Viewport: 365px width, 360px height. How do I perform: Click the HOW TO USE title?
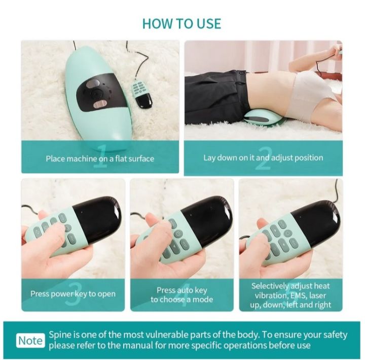pos(181,23)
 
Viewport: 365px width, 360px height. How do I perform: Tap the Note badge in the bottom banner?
pos(31,340)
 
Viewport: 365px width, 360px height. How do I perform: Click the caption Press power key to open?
pos(73,294)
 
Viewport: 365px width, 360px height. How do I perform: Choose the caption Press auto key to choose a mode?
pos(182,295)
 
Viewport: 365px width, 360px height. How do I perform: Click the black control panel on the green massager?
pos(98,93)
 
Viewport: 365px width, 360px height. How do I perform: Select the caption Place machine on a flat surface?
pos(100,158)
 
